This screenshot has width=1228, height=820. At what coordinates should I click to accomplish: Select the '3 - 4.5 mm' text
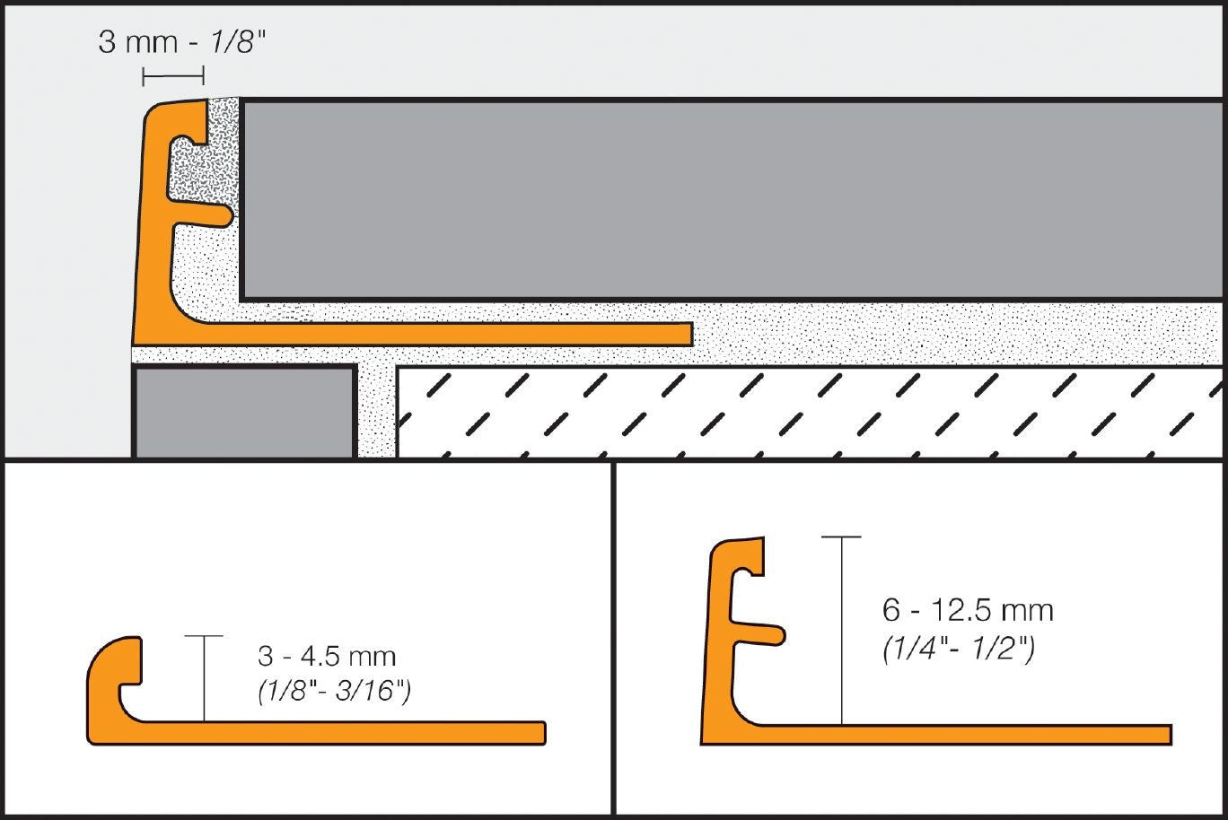pyautogui.click(x=327, y=656)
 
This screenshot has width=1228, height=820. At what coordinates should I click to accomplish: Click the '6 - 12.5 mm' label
pyautogui.click(x=968, y=611)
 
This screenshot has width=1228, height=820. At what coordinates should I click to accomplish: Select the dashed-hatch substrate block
pyautogui.click(x=808, y=413)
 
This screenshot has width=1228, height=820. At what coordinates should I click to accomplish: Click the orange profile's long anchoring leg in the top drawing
pyautogui.click(x=449, y=334)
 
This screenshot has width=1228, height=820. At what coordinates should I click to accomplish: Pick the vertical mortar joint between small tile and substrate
pyautogui.click(x=376, y=413)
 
